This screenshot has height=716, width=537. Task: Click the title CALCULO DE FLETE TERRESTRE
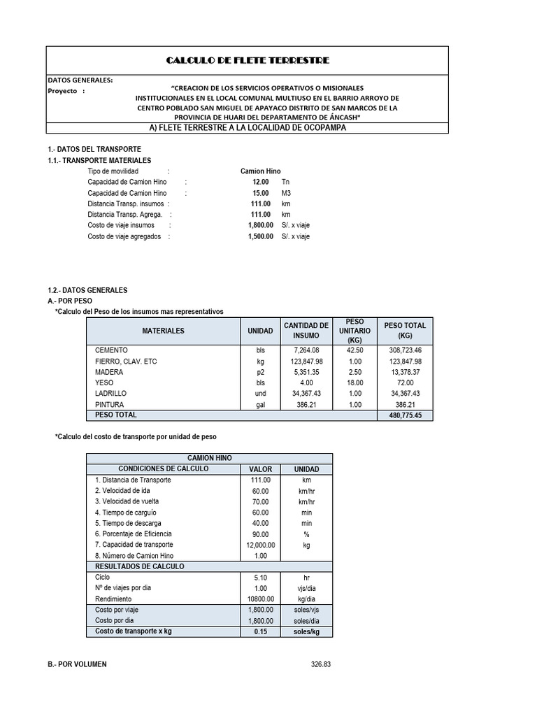tap(248, 61)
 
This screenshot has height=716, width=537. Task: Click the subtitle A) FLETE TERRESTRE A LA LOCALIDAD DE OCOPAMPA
tap(248, 128)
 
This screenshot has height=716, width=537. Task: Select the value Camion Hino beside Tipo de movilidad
tap(260, 171)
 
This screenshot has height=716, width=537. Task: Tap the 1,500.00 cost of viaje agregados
tap(260, 236)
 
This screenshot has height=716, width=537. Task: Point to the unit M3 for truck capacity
tap(285, 193)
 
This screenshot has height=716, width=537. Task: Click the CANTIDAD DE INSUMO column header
tap(306, 331)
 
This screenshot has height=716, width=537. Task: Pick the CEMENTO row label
tap(111, 350)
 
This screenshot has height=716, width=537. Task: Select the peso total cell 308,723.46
tap(405, 350)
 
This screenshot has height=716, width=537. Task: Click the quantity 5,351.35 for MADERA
tap(306, 373)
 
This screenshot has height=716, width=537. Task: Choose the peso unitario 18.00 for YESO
tap(355, 383)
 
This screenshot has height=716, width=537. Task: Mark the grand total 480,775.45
tap(405, 415)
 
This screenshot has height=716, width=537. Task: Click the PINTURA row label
tap(110, 405)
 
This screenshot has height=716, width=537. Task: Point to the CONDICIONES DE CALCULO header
tap(163, 469)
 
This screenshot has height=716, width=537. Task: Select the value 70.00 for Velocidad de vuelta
tap(260, 501)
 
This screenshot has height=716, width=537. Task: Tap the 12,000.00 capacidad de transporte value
tap(260, 545)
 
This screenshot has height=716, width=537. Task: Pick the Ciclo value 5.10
tap(260, 578)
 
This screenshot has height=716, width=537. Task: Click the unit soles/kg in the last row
tap(306, 632)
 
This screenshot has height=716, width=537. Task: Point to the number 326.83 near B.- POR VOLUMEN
tap(320, 664)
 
